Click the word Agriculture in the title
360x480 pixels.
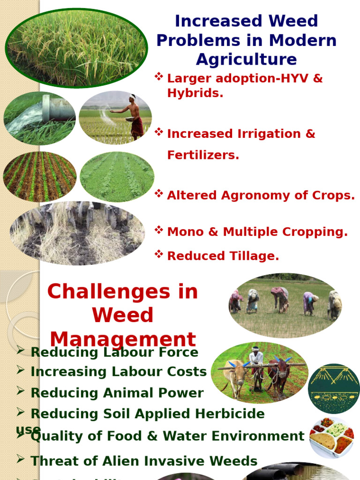[246, 60]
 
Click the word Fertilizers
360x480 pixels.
[203, 155]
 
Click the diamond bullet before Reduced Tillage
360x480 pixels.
[159, 255]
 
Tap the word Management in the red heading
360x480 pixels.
[123, 339]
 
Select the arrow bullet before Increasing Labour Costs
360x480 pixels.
[20, 370]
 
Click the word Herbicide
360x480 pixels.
[226, 413]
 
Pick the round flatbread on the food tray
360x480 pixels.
[323, 441]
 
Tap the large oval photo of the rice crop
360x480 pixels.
[76, 48]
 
